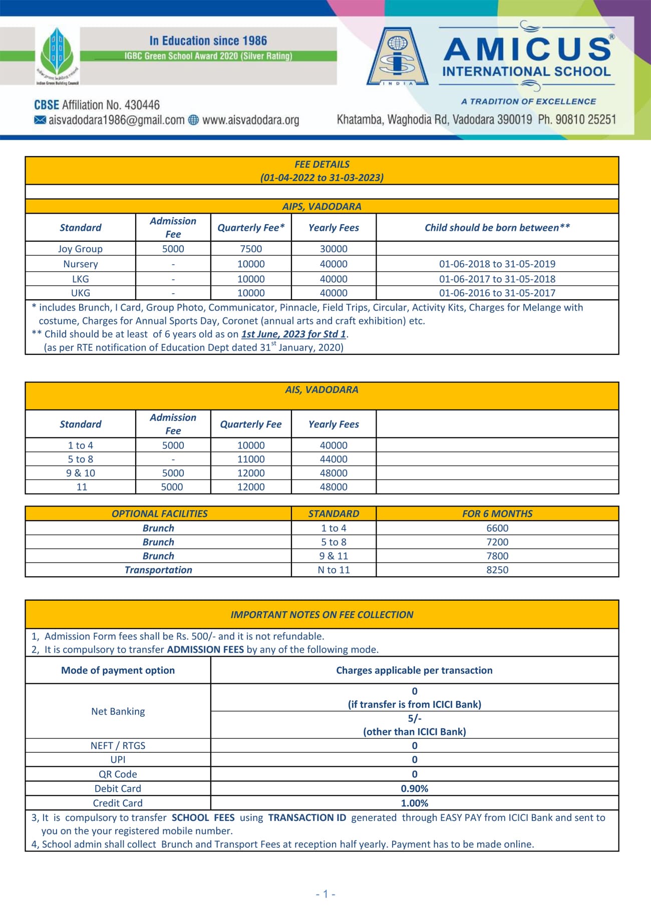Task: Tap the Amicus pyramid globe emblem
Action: [x=398, y=56]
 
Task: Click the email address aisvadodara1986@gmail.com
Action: [x=116, y=120]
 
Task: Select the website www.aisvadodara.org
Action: [x=250, y=120]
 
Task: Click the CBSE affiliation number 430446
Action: [x=142, y=105]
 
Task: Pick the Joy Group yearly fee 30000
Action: [x=334, y=249]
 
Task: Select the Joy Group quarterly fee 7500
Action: [x=251, y=249]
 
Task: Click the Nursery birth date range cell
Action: [x=497, y=264]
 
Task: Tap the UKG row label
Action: [x=80, y=293]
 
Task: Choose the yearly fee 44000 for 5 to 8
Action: [x=334, y=459]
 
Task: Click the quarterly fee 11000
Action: [x=251, y=459]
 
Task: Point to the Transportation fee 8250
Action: [x=497, y=570]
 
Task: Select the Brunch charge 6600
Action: [x=497, y=528]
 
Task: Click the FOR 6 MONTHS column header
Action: [x=497, y=514]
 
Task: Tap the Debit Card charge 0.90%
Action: [x=414, y=788]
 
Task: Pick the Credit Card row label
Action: [x=118, y=803]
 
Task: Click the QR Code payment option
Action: [x=118, y=774]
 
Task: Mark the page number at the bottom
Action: [x=325, y=894]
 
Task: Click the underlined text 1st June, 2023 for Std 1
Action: [x=293, y=334]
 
